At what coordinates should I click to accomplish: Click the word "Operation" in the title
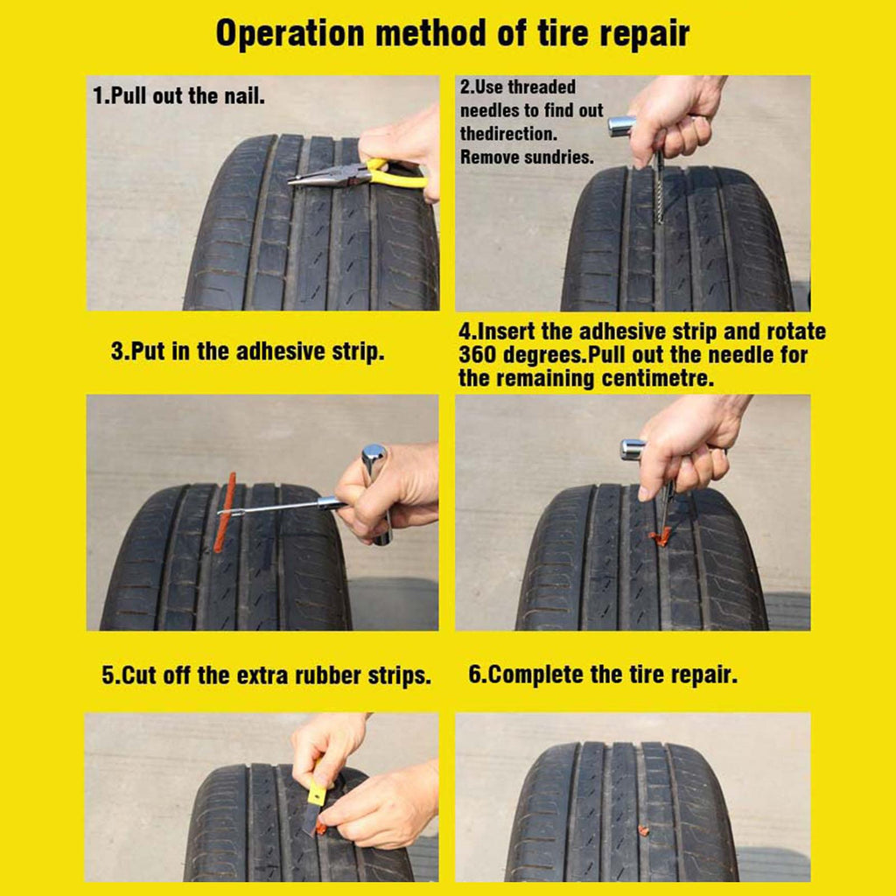click(290, 34)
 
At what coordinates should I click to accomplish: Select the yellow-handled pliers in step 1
click(357, 174)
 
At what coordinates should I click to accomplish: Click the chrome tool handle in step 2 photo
click(622, 126)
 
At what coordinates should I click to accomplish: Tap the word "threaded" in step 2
click(542, 87)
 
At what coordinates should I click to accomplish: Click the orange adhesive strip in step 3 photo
click(225, 512)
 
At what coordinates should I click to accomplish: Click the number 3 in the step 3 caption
click(118, 352)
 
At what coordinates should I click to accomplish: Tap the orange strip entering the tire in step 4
click(660, 536)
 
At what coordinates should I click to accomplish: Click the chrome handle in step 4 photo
click(632, 449)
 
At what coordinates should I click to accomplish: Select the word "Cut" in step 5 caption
click(140, 675)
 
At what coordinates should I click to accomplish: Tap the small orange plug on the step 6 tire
click(643, 830)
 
